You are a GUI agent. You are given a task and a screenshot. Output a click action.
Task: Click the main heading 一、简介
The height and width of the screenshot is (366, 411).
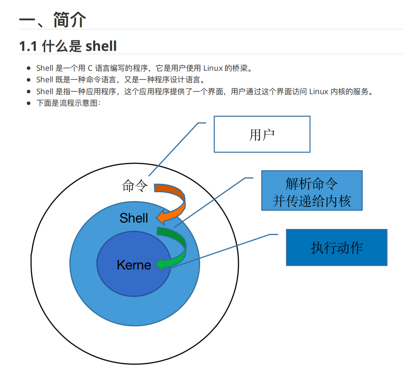pyautogui.click(x=52, y=20)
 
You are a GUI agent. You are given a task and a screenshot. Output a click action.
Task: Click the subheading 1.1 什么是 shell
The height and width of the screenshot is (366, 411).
pyautogui.click(x=68, y=46)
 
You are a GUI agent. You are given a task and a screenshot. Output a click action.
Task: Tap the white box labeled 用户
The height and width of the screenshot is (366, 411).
pyautogui.click(x=262, y=134)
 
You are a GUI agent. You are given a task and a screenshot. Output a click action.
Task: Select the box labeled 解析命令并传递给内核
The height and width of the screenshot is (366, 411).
pyautogui.click(x=312, y=191)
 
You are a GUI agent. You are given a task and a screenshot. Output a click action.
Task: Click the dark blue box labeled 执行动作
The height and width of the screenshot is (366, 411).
pyautogui.click(x=337, y=247)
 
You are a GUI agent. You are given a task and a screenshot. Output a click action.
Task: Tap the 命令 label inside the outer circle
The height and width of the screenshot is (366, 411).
pyautogui.click(x=135, y=186)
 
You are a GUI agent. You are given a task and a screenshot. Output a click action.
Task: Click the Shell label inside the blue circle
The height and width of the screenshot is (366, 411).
pyautogui.click(x=133, y=217)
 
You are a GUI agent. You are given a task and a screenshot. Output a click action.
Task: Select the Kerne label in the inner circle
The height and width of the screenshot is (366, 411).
pyautogui.click(x=134, y=265)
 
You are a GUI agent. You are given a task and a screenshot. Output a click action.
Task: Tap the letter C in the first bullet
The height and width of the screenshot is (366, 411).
pyautogui.click(x=89, y=69)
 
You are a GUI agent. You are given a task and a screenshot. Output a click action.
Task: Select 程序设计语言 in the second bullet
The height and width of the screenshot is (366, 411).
pyautogui.click(x=178, y=80)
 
